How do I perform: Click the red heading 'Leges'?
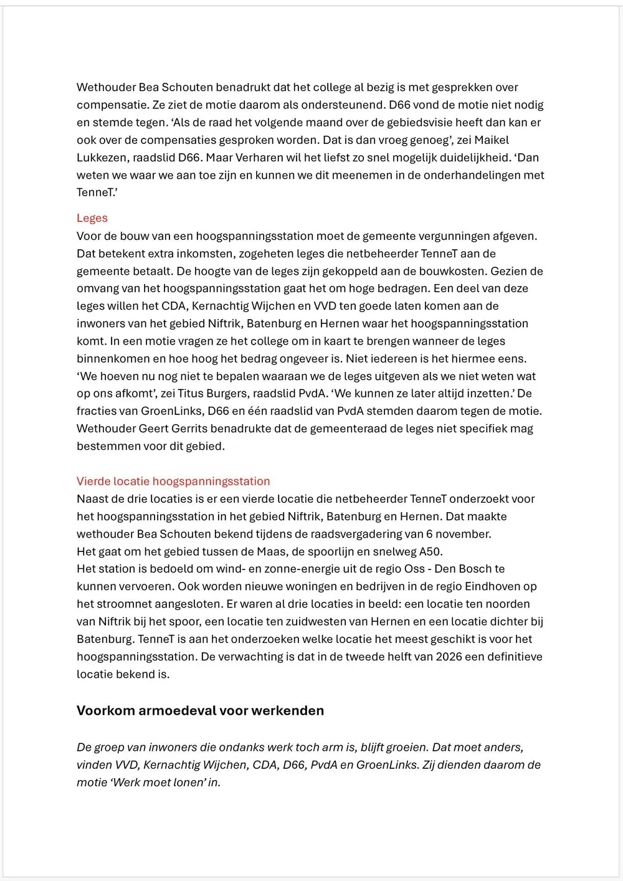[x=92, y=218]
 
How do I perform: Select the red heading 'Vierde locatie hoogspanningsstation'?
[x=173, y=481]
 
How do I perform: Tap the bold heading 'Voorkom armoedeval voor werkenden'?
[x=200, y=711]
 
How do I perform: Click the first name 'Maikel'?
[x=492, y=140]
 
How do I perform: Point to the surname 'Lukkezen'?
[x=102, y=158]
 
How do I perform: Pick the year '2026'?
[x=449, y=657]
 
